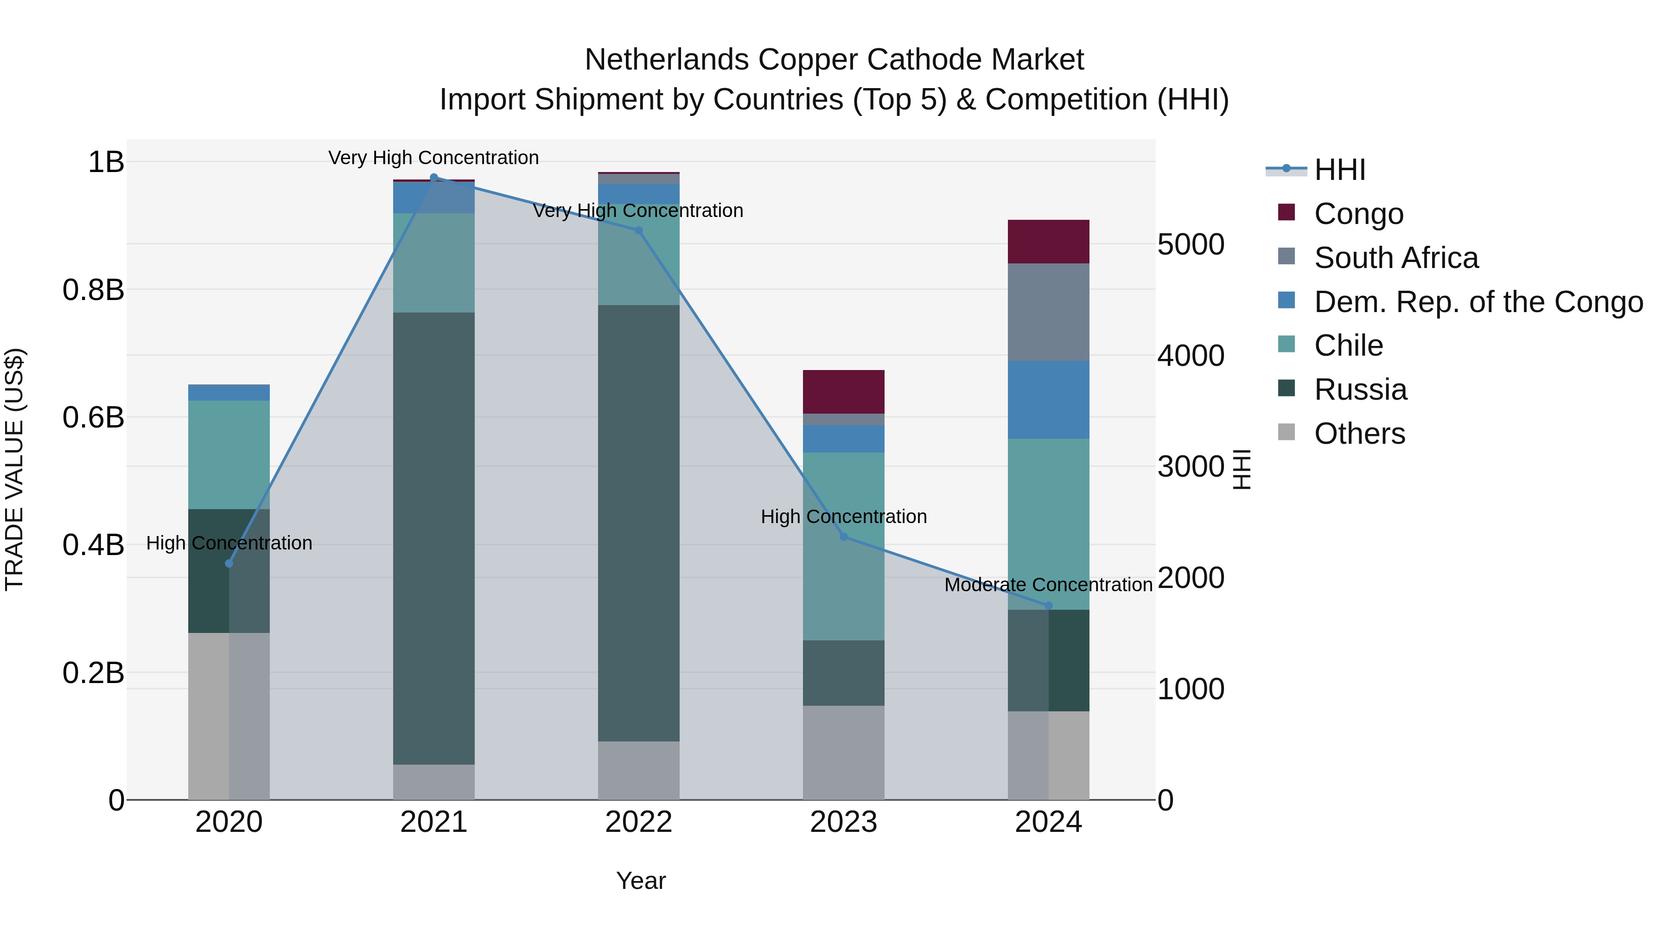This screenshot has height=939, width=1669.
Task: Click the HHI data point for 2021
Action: pyautogui.click(x=433, y=178)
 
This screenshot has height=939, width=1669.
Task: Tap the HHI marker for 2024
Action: pyautogui.click(x=1048, y=605)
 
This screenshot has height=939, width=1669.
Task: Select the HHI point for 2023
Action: pyautogui.click(x=844, y=537)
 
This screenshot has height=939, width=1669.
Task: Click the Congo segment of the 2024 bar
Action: pyautogui.click(x=1048, y=242)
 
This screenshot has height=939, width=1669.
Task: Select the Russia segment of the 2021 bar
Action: pyautogui.click(x=433, y=538)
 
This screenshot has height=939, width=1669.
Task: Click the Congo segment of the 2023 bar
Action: pyautogui.click(x=844, y=391)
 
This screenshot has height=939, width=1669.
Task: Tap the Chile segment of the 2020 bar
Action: pyautogui.click(x=229, y=454)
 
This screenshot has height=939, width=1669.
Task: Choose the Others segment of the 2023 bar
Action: pyautogui.click(x=844, y=752)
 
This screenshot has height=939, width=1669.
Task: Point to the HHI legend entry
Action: pyautogui.click(x=1339, y=170)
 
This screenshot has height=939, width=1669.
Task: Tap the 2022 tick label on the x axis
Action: pyautogui.click(x=638, y=822)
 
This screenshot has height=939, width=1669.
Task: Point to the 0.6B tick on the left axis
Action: pyautogui.click(x=93, y=417)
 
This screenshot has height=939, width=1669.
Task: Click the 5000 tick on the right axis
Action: pyautogui.click(x=1191, y=244)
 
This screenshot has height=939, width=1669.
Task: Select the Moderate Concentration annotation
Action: pyautogui.click(x=1048, y=585)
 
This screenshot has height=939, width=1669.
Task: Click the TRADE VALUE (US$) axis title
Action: pyautogui.click(x=14, y=469)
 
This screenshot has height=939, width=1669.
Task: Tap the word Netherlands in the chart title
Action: pyautogui.click(x=667, y=60)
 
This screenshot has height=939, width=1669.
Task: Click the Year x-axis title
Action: pyautogui.click(x=641, y=881)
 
